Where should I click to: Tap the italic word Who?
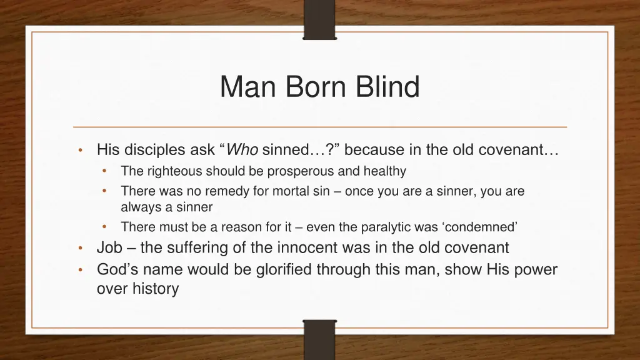click(242, 150)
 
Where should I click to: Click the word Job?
click(109, 248)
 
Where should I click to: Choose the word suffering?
click(202, 248)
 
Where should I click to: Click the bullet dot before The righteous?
click(104, 171)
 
